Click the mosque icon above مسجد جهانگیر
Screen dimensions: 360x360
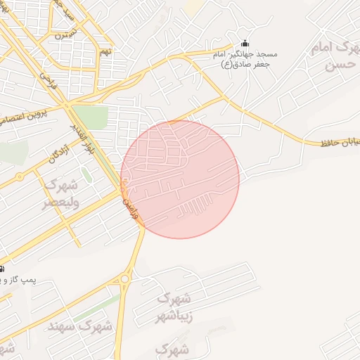(245, 43)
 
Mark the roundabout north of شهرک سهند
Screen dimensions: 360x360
(125, 279)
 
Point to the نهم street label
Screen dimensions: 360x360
(105, 51)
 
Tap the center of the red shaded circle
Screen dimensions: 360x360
(180, 179)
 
